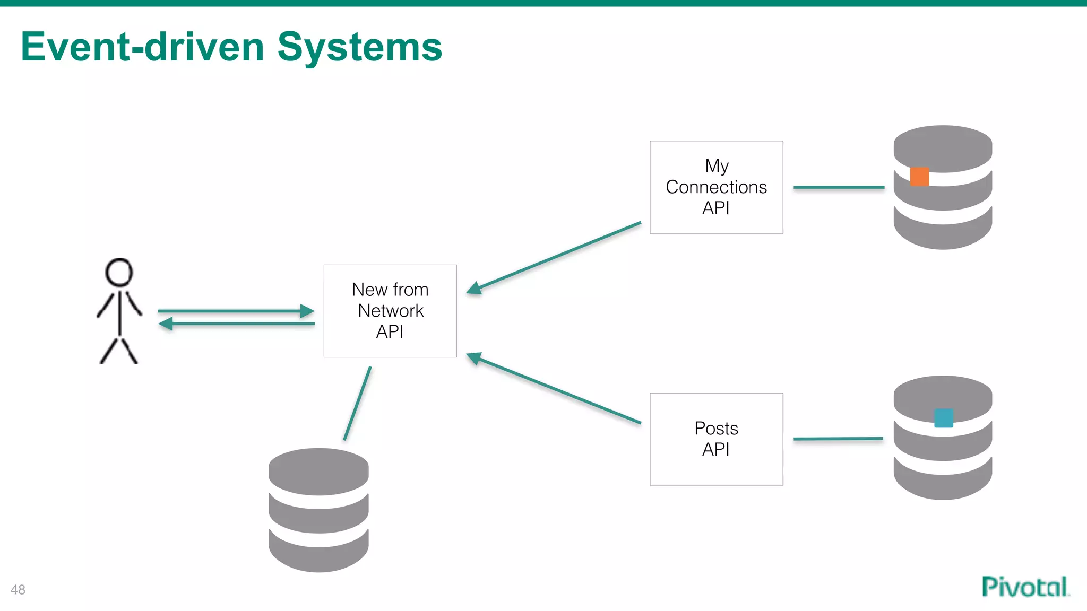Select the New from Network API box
click(390, 311)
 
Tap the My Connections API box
click(716, 187)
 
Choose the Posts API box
click(716, 439)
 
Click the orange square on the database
click(919, 177)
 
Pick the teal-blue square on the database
click(943, 418)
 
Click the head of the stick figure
click(119, 272)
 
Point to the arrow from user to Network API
click(236, 311)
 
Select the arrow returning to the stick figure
click(236, 324)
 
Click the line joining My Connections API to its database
click(839, 187)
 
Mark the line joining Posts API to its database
click(838, 439)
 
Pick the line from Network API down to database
click(357, 404)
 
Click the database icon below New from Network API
click(318, 510)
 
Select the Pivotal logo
click(1025, 587)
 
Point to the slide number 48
click(18, 590)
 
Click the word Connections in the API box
click(716, 187)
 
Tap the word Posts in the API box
click(716, 429)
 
